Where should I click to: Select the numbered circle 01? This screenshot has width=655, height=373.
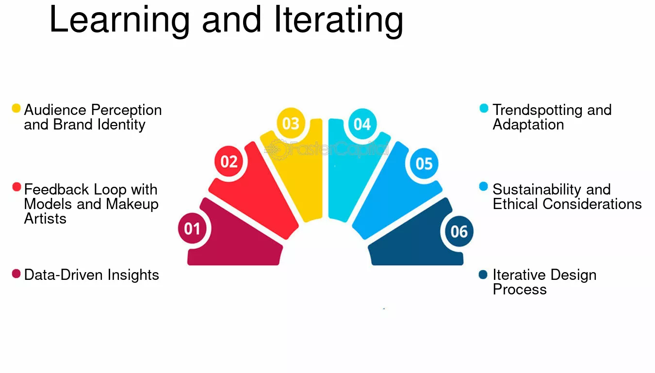192,228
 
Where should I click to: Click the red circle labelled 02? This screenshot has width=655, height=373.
229,162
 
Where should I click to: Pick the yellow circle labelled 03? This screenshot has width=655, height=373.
291,123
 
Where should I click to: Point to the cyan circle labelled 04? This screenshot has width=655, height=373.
362,124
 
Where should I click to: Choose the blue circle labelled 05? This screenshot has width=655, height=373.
424,163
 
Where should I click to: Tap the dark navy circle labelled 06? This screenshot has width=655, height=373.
459,231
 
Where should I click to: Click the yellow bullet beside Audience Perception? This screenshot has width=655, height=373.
16,108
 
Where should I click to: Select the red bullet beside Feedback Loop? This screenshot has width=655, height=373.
16,187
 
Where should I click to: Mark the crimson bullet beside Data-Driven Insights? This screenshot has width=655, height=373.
16,274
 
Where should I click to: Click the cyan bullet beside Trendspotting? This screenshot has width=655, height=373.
484,108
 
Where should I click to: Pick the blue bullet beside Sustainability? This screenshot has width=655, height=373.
483,186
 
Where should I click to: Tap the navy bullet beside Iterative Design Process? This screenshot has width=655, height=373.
483,275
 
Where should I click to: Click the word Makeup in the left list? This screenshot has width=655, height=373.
132,205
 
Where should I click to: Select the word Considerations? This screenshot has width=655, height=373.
592,204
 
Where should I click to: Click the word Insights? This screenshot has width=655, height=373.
133,276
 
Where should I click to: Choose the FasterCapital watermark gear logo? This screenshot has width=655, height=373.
277,150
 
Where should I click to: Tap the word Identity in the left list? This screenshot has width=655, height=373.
121,125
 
